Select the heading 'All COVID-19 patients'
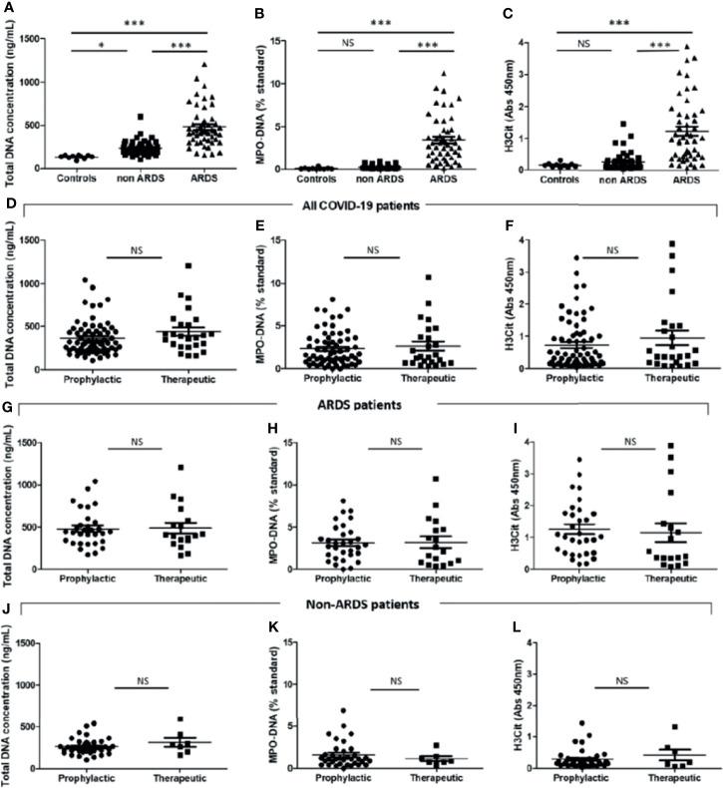361,204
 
